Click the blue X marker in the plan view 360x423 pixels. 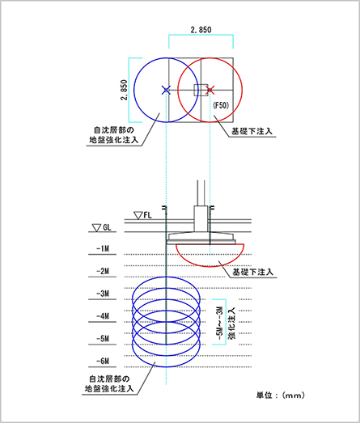point(166,90)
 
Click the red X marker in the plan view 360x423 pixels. point(210,90)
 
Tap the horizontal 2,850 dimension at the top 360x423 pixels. point(201,30)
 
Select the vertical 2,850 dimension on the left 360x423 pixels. point(124,90)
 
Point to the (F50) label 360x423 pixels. point(221,105)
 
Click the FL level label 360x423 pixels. point(147,215)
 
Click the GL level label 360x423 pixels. point(107,227)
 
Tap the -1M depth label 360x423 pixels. point(103,248)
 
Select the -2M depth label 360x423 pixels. point(103,271)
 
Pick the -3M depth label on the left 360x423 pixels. point(103,294)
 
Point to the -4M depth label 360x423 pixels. point(103,316)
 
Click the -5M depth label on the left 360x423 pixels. point(103,339)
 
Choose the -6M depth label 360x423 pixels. point(103,361)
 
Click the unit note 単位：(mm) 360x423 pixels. point(281,396)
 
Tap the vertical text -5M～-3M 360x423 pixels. point(220,324)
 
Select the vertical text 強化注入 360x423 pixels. point(232,324)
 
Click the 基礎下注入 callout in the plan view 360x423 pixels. point(252,131)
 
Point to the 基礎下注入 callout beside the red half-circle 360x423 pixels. point(253,272)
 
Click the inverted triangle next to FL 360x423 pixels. point(138,216)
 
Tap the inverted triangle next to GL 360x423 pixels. point(96,228)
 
